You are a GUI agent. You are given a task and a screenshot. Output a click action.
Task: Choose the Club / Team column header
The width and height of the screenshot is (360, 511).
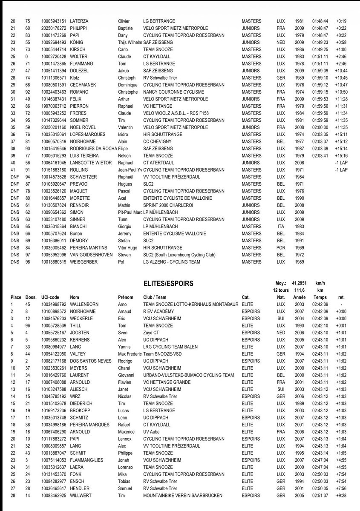tap(155, 297)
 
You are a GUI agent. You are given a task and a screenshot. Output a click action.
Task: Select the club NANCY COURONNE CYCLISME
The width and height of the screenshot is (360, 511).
tap(174, 92)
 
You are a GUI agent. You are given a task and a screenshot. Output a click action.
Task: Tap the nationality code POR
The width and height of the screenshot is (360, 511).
tap(281, 247)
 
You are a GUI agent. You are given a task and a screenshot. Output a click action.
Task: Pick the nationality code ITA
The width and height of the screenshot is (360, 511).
tap(280, 227)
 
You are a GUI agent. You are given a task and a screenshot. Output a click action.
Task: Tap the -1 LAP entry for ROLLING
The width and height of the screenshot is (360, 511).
tap(341, 170)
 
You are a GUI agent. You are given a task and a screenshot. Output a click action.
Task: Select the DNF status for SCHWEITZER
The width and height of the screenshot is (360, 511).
tap(14, 177)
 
